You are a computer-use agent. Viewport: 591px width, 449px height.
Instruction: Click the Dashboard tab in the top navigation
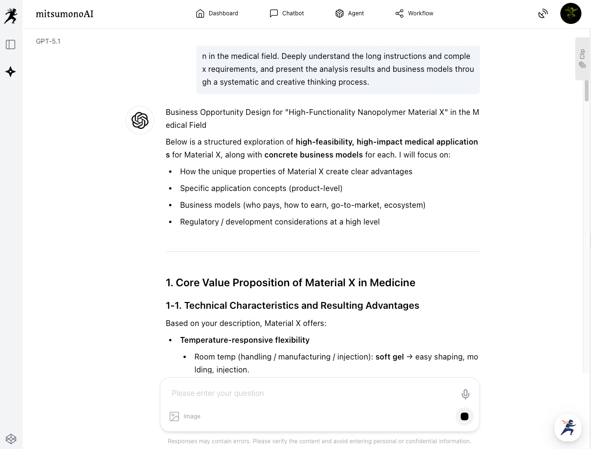click(x=217, y=13)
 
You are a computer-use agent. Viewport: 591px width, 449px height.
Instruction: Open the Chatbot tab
click(x=287, y=13)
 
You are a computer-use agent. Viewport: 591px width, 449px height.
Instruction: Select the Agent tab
click(x=350, y=13)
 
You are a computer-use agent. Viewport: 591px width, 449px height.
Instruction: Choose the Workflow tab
click(x=414, y=13)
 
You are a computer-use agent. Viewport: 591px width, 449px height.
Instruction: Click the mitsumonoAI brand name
click(x=65, y=14)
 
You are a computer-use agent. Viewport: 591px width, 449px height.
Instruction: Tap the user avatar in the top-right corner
click(x=570, y=13)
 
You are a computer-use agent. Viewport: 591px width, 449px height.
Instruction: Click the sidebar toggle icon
click(x=11, y=45)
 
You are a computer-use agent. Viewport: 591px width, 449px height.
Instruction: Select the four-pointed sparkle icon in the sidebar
click(x=11, y=72)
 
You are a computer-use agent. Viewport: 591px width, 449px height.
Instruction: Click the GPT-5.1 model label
click(x=48, y=41)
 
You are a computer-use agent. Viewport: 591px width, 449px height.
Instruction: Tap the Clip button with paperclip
click(x=582, y=58)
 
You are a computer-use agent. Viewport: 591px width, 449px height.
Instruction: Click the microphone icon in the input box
click(x=465, y=394)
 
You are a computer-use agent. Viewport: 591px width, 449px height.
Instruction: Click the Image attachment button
click(x=185, y=416)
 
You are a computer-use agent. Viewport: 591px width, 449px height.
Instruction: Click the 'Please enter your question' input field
click(x=307, y=393)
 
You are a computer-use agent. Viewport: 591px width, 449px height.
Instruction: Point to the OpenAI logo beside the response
click(x=140, y=120)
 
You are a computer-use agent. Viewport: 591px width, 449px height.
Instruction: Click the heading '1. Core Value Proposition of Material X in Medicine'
click(x=290, y=282)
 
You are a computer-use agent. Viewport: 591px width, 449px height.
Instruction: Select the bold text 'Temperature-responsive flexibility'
click(x=245, y=340)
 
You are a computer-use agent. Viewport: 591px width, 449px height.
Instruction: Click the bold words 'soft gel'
click(x=389, y=357)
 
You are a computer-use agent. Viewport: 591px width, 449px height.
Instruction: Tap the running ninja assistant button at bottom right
click(x=568, y=427)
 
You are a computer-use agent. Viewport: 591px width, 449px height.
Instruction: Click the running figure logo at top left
click(x=11, y=16)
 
